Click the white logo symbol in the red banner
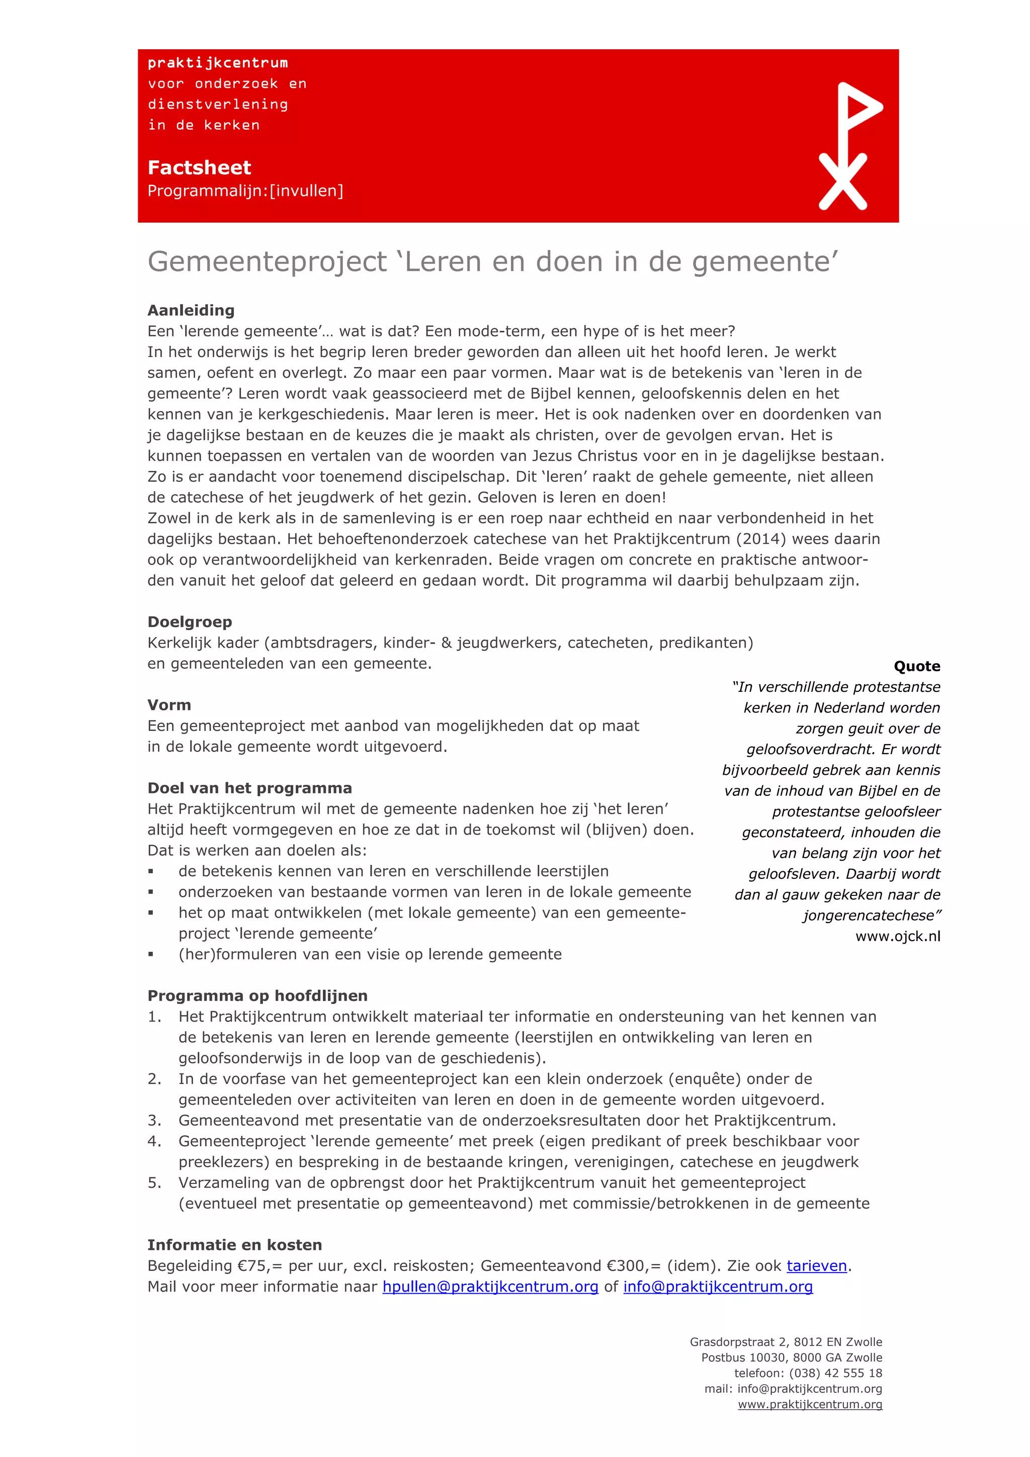[x=848, y=146]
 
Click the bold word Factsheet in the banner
[x=199, y=167]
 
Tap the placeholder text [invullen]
[x=306, y=191]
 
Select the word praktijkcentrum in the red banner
[x=218, y=63]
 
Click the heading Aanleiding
[x=191, y=310]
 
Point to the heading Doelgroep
[x=190, y=622]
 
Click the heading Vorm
[x=169, y=705]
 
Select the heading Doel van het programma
[x=249, y=788]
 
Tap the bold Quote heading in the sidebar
[x=916, y=666]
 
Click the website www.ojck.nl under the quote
[x=897, y=937]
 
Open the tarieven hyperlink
[x=816, y=1266]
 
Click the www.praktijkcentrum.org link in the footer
[x=810, y=1404]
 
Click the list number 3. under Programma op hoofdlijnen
[x=154, y=1121]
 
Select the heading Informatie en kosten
[x=234, y=1245]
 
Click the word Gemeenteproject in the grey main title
[x=267, y=261]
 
